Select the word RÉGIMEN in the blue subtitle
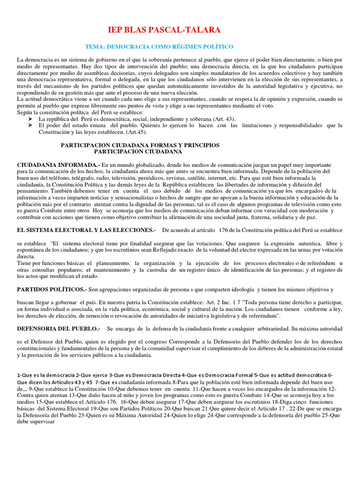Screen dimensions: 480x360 tap(184, 47)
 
